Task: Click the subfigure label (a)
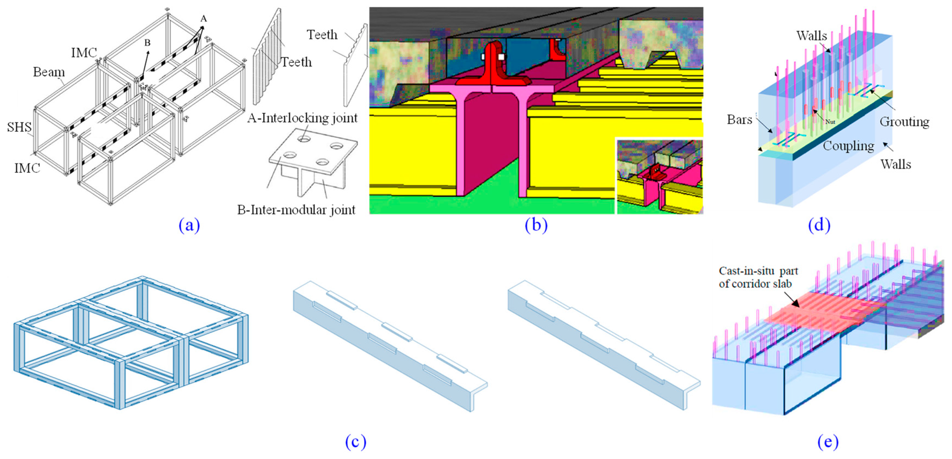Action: click(189, 225)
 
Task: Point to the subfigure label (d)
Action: click(819, 225)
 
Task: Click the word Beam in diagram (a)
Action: click(49, 72)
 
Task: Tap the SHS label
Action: click(19, 127)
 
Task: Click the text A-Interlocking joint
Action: click(302, 118)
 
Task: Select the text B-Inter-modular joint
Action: click(296, 210)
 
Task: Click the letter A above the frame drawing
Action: click(203, 19)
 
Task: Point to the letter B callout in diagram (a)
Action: click(147, 43)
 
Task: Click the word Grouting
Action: click(904, 121)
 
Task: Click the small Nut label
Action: click(830, 122)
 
